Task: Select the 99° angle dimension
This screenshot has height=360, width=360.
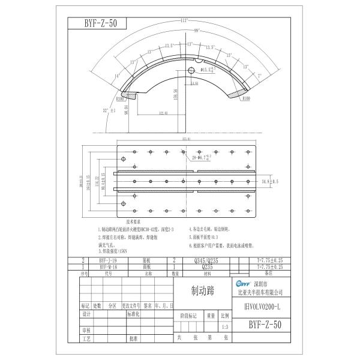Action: click(179, 30)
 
